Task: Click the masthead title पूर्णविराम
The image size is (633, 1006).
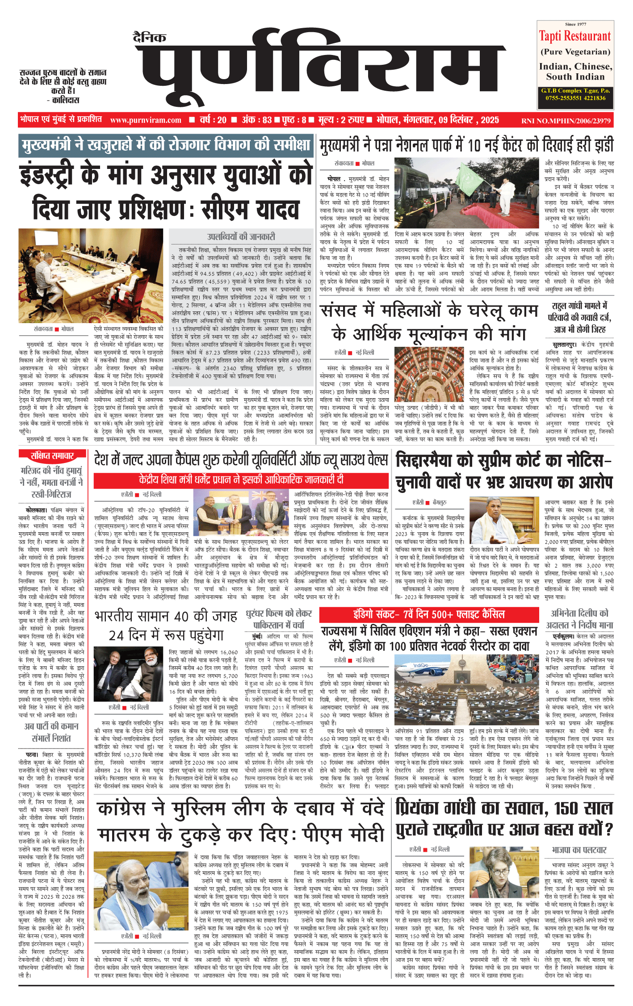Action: (x=319, y=72)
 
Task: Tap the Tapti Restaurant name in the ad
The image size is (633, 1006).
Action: (x=574, y=36)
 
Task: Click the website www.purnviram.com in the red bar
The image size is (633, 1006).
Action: (x=146, y=120)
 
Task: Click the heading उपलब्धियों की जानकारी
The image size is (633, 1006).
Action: (x=241, y=236)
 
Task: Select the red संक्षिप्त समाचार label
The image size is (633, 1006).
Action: (x=52, y=455)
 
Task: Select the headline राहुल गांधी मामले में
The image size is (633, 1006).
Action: (x=579, y=306)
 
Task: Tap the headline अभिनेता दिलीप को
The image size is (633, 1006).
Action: (x=579, y=613)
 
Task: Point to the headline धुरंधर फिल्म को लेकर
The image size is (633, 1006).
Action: (x=279, y=613)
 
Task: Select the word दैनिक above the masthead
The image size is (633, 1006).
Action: (x=150, y=38)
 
